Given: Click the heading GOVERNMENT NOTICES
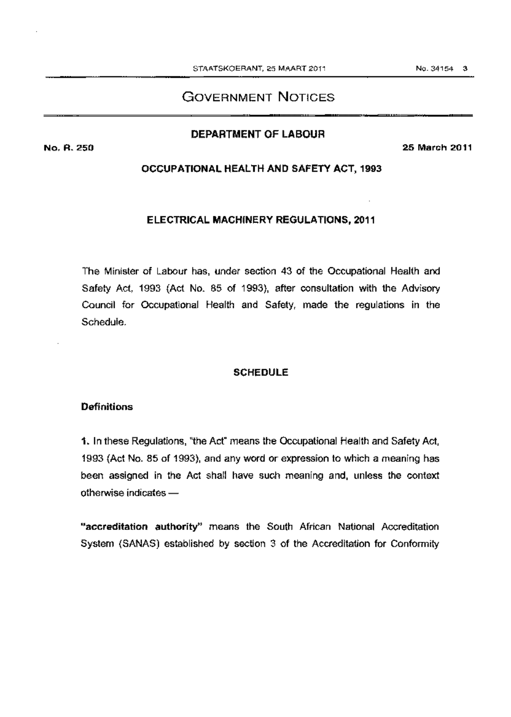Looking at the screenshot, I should [x=258, y=97].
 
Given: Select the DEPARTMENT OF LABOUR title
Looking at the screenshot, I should [x=258, y=134].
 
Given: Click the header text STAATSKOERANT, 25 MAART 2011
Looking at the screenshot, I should [x=259, y=68].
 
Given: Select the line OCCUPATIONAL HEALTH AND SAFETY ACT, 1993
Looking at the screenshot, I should [x=261, y=169].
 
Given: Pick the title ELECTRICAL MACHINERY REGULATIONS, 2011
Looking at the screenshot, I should [x=261, y=220].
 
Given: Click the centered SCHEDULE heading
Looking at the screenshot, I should [x=261, y=373].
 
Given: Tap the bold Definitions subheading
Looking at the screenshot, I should [x=107, y=407].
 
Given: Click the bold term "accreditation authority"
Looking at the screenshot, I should [x=141, y=527].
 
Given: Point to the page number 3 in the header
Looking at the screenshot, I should [x=465, y=68].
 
